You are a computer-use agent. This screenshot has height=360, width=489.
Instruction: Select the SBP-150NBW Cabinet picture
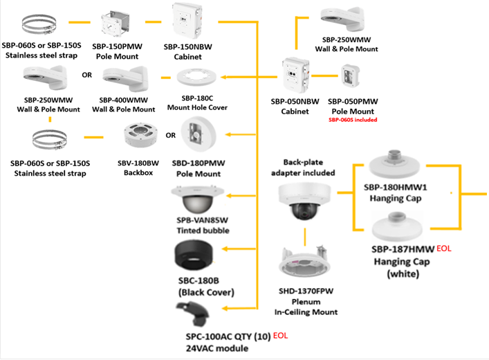(x=192, y=21)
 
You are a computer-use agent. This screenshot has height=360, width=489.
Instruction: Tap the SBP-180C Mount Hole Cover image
(x=196, y=81)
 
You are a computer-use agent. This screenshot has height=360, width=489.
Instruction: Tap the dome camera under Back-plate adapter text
(x=304, y=200)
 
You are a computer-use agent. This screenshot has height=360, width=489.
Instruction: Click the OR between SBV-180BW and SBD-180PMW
(x=171, y=135)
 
